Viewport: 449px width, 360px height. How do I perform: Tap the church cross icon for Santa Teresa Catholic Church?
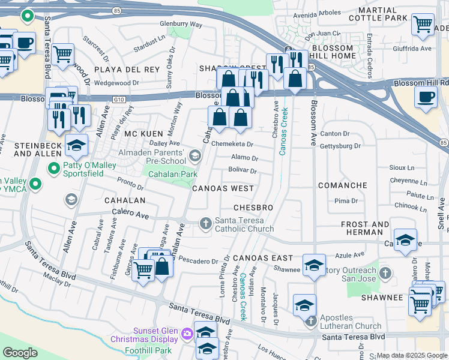[x=205, y=224]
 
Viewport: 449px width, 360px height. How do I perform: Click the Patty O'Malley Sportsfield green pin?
[x=54, y=167]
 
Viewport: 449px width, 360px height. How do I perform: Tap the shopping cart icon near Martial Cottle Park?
[x=423, y=24]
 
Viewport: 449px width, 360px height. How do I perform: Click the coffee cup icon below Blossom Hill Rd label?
[x=426, y=97]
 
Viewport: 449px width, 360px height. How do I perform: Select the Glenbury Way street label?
[x=181, y=24]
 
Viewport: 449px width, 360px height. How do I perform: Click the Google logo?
[x=20, y=353]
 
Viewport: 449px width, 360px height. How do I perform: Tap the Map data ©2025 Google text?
[x=412, y=355]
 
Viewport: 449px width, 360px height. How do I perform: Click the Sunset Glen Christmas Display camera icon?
[x=187, y=333]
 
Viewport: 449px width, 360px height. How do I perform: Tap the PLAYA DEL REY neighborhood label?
[x=127, y=70]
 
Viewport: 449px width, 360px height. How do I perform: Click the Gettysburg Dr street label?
[x=340, y=146]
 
